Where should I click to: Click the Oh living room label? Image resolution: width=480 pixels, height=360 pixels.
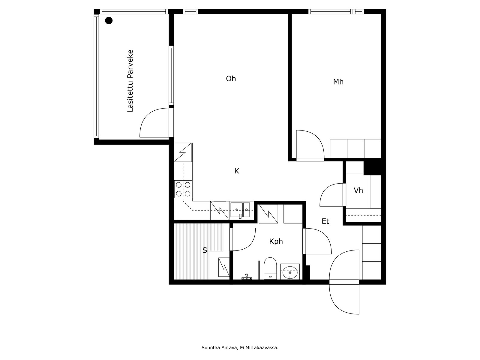coord(231,79)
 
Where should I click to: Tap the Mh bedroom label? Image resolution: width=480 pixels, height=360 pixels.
coord(338,82)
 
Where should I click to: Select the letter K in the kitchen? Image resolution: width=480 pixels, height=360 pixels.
coord(237,171)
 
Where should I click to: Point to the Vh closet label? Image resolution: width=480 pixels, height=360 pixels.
coord(358,190)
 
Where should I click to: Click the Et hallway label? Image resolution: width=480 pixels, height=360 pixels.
coord(325,221)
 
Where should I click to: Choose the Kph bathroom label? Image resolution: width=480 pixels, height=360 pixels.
coord(276,241)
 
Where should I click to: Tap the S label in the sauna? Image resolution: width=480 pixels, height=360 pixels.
coord(205,250)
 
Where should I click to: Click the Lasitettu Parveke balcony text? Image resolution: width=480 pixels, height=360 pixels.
coord(130,81)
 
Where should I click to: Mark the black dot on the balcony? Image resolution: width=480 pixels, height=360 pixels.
coord(109,20)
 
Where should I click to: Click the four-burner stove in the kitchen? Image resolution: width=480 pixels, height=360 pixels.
coord(183,189)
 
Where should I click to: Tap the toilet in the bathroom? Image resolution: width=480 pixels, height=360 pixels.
coord(270,268)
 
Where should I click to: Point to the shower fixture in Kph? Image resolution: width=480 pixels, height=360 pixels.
coord(247,277)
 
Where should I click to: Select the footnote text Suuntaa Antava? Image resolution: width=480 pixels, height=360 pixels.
coord(219,347)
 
